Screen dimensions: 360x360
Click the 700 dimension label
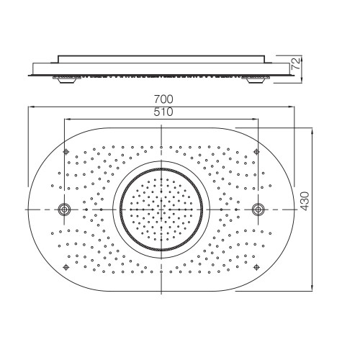(163, 99)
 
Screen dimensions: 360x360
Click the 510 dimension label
(163, 112)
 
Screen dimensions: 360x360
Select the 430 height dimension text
(305, 201)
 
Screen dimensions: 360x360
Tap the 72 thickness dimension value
(296, 63)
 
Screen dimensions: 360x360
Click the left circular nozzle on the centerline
(64, 210)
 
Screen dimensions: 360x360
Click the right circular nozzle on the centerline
(258, 210)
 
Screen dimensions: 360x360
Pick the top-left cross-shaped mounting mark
(66, 151)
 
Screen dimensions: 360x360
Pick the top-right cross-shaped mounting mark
(256, 151)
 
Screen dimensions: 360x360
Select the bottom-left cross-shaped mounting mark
(66, 267)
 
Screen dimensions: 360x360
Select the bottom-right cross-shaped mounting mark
(256, 267)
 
